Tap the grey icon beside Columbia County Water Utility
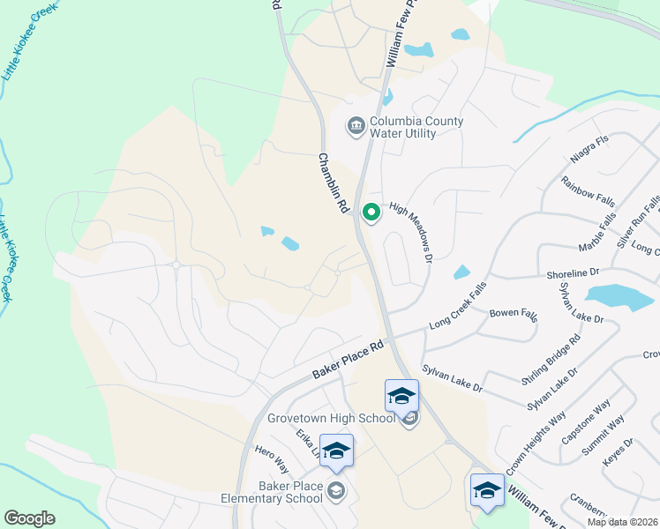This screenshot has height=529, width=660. (356, 127)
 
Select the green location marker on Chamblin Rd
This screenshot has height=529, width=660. (371, 212)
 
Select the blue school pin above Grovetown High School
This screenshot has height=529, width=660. (401, 395)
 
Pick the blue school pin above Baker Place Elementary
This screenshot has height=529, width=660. (335, 450)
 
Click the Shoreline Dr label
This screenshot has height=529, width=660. (573, 273)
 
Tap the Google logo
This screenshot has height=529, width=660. (30, 518)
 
